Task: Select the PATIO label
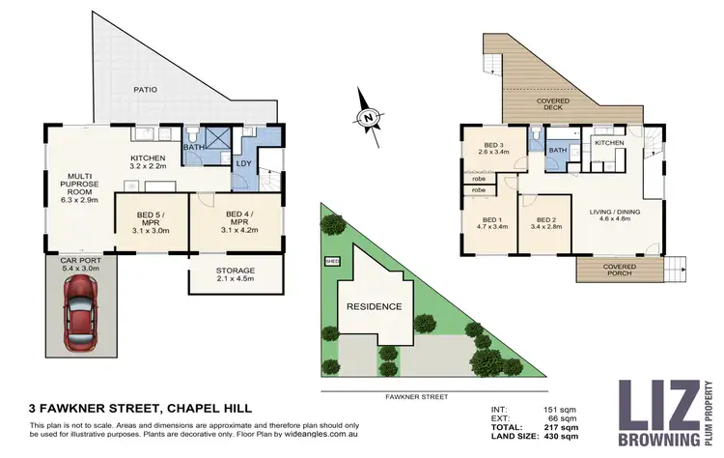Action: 146,90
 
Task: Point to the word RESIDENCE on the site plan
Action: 375,306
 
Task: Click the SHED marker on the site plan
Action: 333,261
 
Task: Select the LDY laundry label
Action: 243,163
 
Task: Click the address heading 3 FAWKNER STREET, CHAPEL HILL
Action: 141,409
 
